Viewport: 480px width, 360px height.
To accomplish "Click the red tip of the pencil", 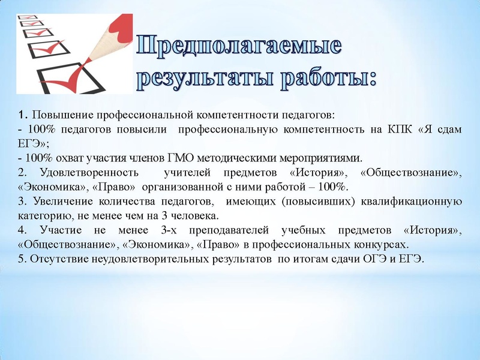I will [x=130, y=23].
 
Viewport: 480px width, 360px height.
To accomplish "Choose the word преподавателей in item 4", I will [x=232, y=230].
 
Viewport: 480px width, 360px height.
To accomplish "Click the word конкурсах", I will [x=378, y=245].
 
